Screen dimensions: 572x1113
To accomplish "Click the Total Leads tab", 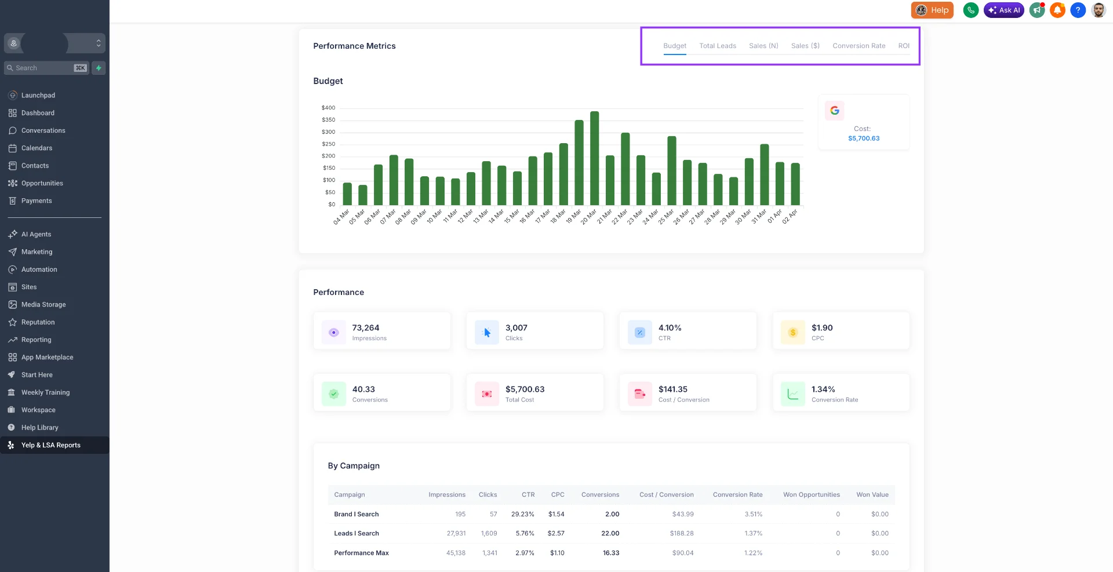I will [x=717, y=46].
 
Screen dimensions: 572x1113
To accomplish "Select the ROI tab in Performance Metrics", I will [x=903, y=46].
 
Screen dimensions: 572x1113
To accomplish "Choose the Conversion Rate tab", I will [x=859, y=46].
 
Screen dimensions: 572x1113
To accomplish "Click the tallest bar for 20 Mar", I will [x=594, y=158].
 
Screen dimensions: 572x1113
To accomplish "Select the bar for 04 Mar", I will [x=347, y=194].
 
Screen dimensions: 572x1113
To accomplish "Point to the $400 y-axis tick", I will [x=328, y=108].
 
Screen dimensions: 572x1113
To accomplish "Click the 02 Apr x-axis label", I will [x=790, y=217].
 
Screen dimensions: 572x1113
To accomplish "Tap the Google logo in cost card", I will [x=834, y=110].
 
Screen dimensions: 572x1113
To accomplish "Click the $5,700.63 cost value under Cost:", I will [x=863, y=139].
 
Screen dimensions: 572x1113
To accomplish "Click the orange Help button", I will [x=932, y=10].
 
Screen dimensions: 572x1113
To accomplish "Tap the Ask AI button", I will [x=1003, y=10].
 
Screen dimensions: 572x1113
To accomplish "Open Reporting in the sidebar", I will [x=36, y=340].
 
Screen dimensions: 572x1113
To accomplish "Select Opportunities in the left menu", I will [x=42, y=183].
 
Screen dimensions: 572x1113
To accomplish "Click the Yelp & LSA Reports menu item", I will [x=50, y=445].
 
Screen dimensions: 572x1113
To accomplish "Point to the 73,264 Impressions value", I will [x=365, y=328].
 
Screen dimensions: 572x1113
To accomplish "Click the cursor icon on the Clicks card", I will [x=487, y=333].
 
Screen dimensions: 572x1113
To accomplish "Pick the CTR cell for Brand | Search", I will [x=522, y=514].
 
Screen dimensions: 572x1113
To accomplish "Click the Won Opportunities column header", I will [x=811, y=495].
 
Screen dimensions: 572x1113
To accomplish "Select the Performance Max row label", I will [x=361, y=553].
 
